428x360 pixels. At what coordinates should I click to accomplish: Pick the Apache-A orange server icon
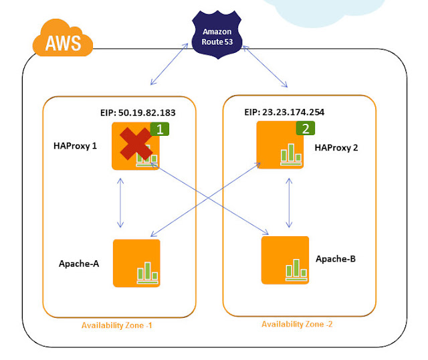[x=137, y=263]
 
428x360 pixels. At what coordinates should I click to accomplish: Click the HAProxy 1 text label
[x=76, y=145]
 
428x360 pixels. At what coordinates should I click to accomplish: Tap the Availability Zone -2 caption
[x=296, y=323]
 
